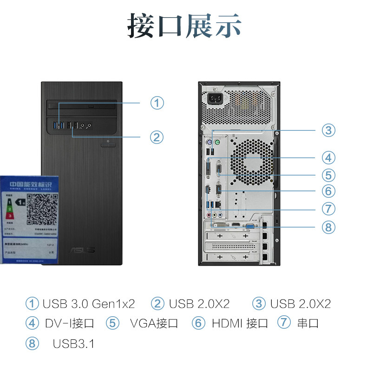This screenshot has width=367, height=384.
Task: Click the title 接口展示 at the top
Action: pos(184,26)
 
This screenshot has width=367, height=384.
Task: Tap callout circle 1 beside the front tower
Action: pos(157,102)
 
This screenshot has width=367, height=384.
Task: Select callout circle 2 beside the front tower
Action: pos(157,137)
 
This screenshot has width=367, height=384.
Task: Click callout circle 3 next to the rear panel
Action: pos(329,130)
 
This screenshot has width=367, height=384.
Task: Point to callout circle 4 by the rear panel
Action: pos(329,157)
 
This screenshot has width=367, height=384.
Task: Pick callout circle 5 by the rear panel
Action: pos(329,175)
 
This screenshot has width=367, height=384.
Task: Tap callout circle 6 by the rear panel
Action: pos(329,191)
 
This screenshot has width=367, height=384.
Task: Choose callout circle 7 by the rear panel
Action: pos(329,209)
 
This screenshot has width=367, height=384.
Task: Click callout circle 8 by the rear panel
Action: pos(329,227)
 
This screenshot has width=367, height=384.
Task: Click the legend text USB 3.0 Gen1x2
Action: pos(88,304)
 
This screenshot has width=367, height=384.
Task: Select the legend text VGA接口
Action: pos(154,323)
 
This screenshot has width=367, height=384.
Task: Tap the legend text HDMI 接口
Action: pos(240,323)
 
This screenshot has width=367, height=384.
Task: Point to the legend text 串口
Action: pos(308,323)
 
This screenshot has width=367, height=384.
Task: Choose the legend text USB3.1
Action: pos(73,344)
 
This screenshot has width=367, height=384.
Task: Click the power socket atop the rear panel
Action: pos(215,98)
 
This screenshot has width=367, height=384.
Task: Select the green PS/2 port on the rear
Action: pos(217,143)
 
